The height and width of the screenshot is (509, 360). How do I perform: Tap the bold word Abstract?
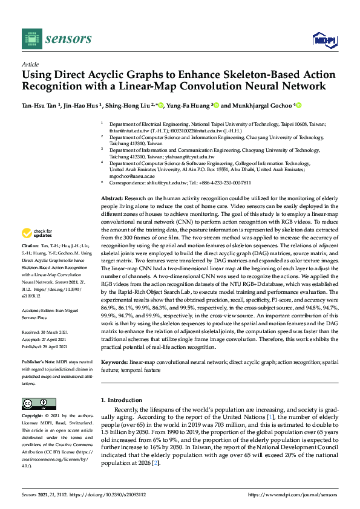tap(112, 199)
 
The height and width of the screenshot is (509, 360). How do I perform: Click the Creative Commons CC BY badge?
tap(35, 403)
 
